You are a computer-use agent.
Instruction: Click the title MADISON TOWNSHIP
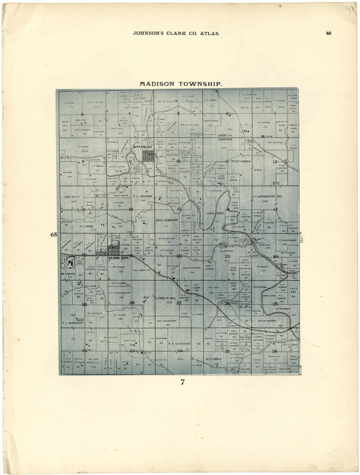(181, 84)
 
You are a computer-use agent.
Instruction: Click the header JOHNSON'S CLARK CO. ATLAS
(176, 33)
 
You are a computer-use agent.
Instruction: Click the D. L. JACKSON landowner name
(143, 196)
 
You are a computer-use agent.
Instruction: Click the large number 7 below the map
(183, 382)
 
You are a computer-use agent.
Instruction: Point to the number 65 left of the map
(54, 235)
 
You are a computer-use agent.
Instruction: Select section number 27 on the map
(179, 303)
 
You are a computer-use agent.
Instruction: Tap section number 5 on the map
(82, 114)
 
